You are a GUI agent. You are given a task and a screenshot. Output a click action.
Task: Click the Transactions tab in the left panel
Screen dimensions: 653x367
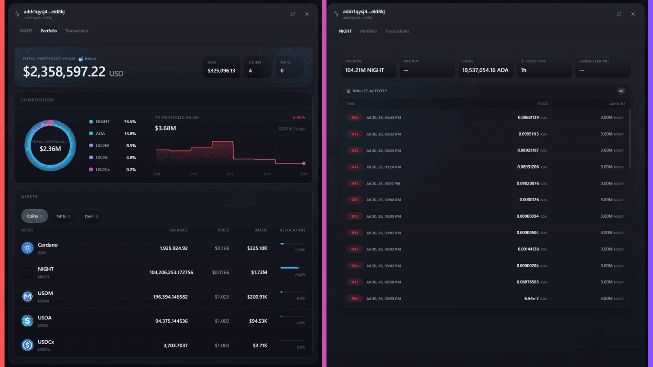tap(76, 31)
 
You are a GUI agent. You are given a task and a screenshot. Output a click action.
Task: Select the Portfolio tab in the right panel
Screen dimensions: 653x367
tap(369, 31)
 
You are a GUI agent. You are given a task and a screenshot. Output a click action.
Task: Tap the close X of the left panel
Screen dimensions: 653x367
tap(307, 14)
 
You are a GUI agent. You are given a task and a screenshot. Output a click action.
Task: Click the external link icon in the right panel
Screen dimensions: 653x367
tap(619, 14)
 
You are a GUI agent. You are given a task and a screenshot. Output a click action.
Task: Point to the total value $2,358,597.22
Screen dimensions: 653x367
tap(64, 72)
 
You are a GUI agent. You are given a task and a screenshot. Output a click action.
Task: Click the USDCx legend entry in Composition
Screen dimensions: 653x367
tap(99, 169)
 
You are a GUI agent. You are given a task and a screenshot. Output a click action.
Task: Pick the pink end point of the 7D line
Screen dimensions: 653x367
tap(304, 163)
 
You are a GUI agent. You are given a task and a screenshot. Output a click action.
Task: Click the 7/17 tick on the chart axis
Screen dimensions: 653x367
tap(230, 174)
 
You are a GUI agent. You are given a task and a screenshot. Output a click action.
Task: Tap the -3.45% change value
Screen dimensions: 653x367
tap(298, 118)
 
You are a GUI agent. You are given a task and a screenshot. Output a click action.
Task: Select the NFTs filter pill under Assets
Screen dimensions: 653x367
tap(63, 216)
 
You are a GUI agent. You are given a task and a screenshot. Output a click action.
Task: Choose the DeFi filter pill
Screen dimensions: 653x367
tap(91, 216)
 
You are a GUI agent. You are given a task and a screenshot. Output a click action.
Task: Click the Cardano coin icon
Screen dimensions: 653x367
tap(27, 248)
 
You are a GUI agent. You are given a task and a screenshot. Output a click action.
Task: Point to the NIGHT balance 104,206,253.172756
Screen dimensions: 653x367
tap(171, 272)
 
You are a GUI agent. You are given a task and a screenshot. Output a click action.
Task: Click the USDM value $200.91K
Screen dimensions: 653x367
tap(257, 297)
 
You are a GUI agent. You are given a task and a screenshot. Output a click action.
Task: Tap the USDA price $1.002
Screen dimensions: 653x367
tap(222, 321)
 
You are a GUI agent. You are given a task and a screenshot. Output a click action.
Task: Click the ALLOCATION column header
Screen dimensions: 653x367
tap(293, 230)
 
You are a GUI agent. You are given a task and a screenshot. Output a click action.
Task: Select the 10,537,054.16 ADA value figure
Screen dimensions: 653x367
tap(485, 70)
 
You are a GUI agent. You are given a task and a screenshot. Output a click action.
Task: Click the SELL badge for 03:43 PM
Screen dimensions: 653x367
tap(355, 118)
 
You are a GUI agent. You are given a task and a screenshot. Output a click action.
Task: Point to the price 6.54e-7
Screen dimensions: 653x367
tap(531, 299)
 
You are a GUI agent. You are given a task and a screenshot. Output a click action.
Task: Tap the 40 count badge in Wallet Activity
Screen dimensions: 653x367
tap(621, 91)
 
